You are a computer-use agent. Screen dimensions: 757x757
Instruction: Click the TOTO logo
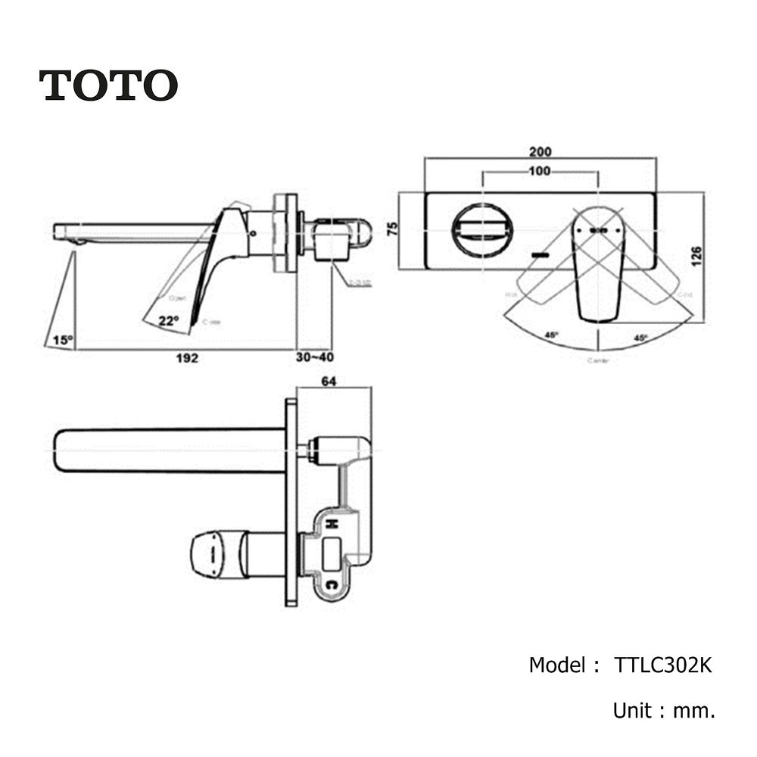(x=108, y=85)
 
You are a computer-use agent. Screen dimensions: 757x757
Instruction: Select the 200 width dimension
(x=540, y=151)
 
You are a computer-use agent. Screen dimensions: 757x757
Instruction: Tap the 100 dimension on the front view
(x=540, y=171)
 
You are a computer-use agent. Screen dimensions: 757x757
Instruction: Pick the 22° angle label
(x=168, y=320)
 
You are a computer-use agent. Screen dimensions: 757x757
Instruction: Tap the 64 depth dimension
(x=329, y=382)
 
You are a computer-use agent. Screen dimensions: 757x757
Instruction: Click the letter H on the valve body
(x=331, y=523)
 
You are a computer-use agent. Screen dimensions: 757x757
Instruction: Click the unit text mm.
(x=698, y=711)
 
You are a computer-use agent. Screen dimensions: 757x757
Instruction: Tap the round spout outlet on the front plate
(x=482, y=228)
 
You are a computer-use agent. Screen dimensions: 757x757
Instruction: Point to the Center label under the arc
(x=598, y=360)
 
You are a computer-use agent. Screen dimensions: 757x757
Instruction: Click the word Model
(x=556, y=665)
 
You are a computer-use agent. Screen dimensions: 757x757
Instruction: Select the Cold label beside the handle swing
(x=684, y=294)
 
